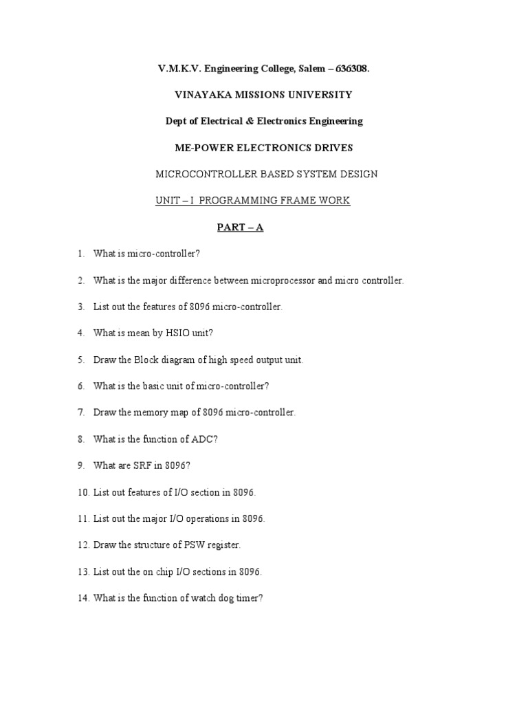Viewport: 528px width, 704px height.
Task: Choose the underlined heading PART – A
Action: point(239,228)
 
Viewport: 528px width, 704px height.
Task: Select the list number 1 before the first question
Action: point(80,254)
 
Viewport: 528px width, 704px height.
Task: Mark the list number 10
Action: point(83,492)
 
